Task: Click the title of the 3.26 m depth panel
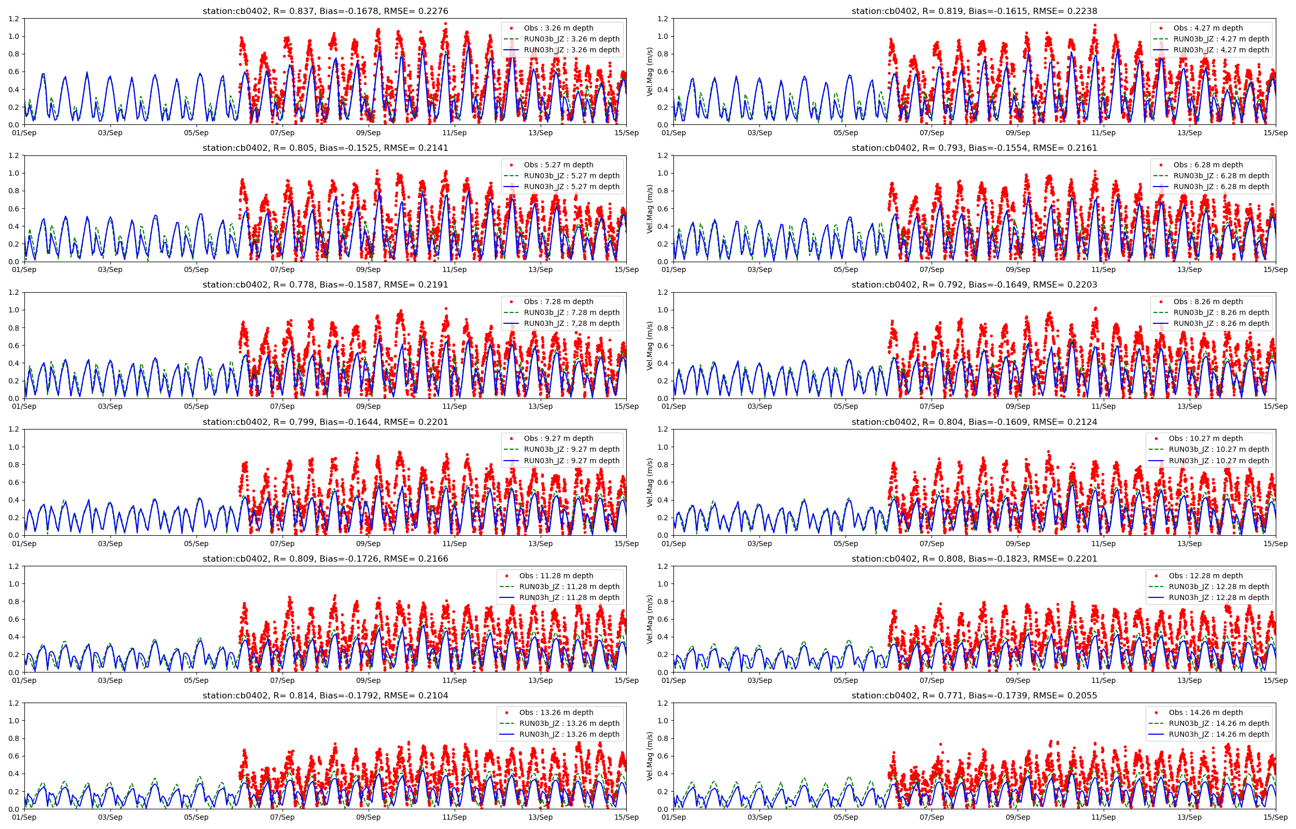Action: [x=325, y=11]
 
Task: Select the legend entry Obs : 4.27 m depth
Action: [x=1208, y=28]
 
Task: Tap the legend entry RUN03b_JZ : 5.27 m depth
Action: [x=571, y=176]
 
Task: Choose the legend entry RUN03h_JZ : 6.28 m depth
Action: [x=1221, y=187]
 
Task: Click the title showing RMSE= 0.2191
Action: [x=325, y=285]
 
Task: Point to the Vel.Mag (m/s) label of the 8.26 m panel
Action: [x=650, y=346]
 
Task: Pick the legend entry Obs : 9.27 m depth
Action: [x=558, y=438]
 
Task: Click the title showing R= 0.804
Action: [x=974, y=422]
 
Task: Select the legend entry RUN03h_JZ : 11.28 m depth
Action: [x=569, y=597]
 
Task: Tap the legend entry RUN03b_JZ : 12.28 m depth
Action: [x=1218, y=587]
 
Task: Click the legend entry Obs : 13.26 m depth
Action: [x=556, y=712]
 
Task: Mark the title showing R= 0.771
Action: [x=974, y=695]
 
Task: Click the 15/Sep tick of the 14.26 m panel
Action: [x=1275, y=817]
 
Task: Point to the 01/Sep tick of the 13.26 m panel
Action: [x=24, y=817]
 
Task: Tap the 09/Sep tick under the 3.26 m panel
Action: [x=368, y=133]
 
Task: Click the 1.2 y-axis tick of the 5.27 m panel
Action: [x=14, y=155]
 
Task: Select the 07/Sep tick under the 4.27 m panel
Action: [x=932, y=133]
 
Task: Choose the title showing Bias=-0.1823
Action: [x=974, y=559]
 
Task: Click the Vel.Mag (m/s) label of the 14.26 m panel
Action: [x=650, y=756]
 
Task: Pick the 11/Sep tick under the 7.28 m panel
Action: [x=454, y=406]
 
